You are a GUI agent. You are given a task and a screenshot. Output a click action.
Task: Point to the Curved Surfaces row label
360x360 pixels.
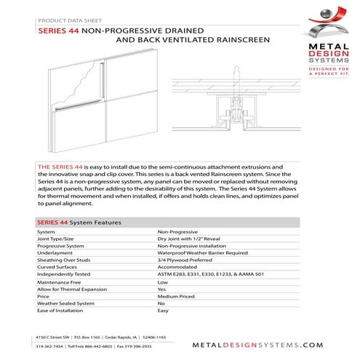(x=57, y=268)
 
